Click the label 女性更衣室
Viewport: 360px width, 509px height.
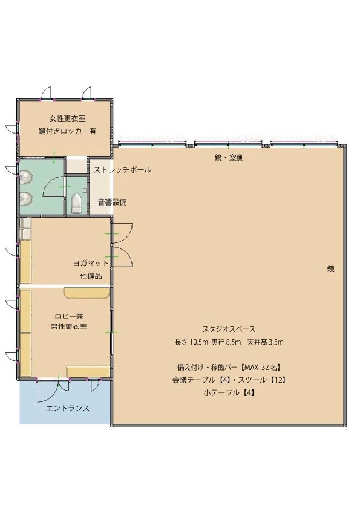[67, 118]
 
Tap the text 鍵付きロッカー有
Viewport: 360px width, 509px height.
[67, 131]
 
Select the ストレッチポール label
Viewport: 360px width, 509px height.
[122, 170]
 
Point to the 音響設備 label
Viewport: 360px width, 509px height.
[113, 202]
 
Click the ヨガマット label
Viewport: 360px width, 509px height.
[91, 263]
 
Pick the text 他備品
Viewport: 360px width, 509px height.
[91, 276]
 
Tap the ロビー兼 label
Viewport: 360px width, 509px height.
[68, 315]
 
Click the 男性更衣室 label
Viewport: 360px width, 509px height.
[68, 327]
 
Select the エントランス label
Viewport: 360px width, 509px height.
[68, 408]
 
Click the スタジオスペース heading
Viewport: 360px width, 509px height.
[229, 329]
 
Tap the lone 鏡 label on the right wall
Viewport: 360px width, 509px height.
[331, 269]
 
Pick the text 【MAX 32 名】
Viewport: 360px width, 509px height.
[260, 367]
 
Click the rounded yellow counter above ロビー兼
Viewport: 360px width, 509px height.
[87, 293]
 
